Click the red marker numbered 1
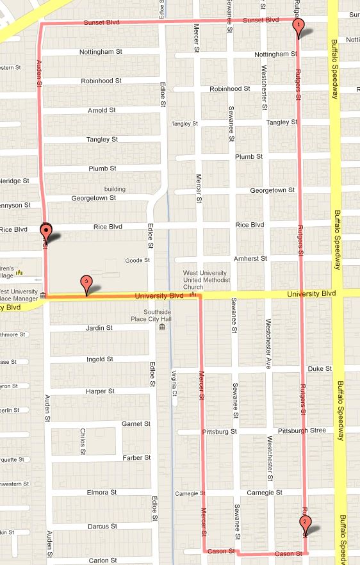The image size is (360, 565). (298, 26)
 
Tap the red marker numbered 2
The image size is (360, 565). (305, 522)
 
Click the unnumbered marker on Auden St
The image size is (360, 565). (46, 230)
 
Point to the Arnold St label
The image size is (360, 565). (102, 110)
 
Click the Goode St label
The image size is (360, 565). (137, 260)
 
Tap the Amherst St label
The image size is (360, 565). (250, 258)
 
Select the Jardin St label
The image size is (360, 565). (99, 328)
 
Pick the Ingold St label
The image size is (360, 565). (99, 359)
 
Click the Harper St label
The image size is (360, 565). (100, 391)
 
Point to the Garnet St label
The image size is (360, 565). (136, 423)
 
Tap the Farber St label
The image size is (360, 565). (137, 457)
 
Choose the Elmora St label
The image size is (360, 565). (101, 493)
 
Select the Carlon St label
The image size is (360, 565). (102, 561)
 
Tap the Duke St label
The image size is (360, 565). (320, 368)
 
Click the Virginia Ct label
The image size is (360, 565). (174, 385)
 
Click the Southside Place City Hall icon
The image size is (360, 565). (161, 328)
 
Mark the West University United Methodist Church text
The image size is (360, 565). (204, 281)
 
